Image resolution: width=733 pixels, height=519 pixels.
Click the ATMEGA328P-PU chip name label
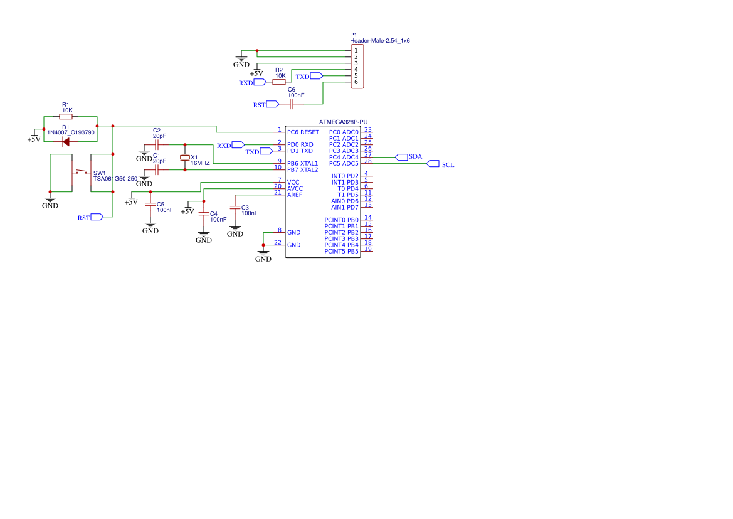coord(343,122)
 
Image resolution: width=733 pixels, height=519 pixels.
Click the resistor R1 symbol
coord(66,116)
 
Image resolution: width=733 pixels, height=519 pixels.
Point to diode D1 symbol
coord(66,142)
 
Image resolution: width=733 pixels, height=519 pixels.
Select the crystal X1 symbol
coord(184,157)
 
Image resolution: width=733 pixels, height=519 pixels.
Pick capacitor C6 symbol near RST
coord(291,104)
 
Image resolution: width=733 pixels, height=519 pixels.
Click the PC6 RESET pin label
coord(303,132)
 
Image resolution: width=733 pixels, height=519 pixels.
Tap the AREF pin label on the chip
coord(294,195)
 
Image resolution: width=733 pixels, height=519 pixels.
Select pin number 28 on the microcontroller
coord(367,161)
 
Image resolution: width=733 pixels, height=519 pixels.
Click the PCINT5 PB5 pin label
coord(341,252)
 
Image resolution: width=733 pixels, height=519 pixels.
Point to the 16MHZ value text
coord(200,163)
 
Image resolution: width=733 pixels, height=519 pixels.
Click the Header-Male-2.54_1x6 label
coord(379,41)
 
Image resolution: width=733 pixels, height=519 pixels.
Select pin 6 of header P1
coord(356,82)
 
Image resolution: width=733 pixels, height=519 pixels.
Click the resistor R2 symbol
coord(279,82)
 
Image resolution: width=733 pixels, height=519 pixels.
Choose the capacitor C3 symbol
coord(235,207)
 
